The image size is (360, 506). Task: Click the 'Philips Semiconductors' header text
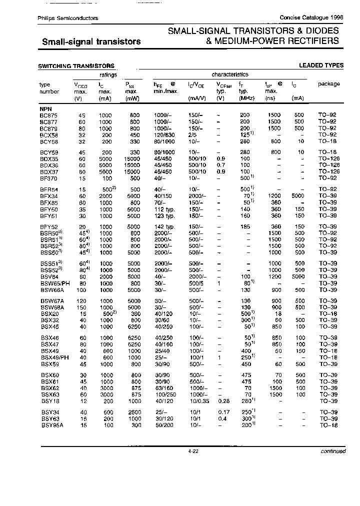pyautogui.click(x=68, y=18)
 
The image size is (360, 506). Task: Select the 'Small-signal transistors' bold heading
pyautogui.click(x=90, y=41)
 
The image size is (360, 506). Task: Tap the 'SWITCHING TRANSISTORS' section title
pyautogui.click(x=76, y=66)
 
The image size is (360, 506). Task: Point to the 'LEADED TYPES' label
pyautogui.click(x=321, y=65)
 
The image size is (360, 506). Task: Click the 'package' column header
pyautogui.click(x=328, y=84)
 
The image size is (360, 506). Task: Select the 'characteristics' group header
pyautogui.click(x=229, y=74)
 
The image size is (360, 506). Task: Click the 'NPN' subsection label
pyautogui.click(x=45, y=108)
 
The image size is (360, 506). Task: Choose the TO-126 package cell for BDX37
pyautogui.click(x=328, y=171)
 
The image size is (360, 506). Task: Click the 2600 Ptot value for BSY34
pyautogui.click(x=133, y=412)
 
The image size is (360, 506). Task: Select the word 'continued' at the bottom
pyautogui.click(x=333, y=451)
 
